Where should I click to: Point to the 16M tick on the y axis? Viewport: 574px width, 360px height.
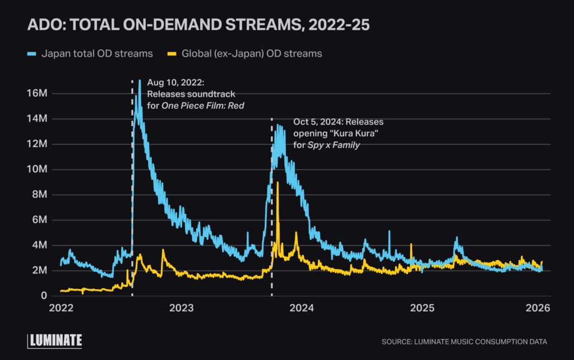pyautogui.click(x=36, y=93)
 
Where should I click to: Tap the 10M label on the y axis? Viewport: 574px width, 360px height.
pyautogui.click(x=36, y=169)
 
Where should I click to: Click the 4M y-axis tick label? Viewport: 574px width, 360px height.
pyautogui.click(x=39, y=245)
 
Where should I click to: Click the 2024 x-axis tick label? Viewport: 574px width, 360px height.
pyautogui.click(x=302, y=308)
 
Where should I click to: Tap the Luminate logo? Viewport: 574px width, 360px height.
pyautogui.click(x=55, y=340)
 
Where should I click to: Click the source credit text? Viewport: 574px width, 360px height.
pyautogui.click(x=464, y=341)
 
